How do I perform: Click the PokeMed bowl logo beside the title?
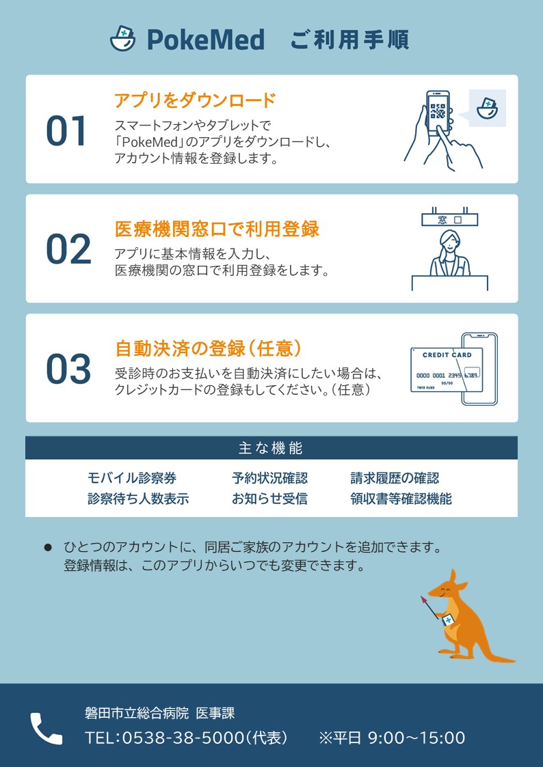122,39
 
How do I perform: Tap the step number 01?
66,131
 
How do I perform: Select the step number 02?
68,249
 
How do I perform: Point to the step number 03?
68,369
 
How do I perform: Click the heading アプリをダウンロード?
196,100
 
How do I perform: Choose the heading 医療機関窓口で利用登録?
217,228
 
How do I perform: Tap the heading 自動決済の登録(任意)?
208,348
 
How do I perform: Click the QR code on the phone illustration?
437,111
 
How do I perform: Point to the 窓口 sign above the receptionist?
449,220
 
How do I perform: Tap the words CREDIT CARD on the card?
447,355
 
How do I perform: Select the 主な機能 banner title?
271,448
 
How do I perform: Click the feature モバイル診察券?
132,478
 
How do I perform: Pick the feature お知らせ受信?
269,499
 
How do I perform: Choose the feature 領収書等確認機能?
401,499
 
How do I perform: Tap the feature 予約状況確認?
269,478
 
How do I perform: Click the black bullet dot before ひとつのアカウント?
48,547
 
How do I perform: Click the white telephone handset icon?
47,728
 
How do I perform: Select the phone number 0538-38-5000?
183,738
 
